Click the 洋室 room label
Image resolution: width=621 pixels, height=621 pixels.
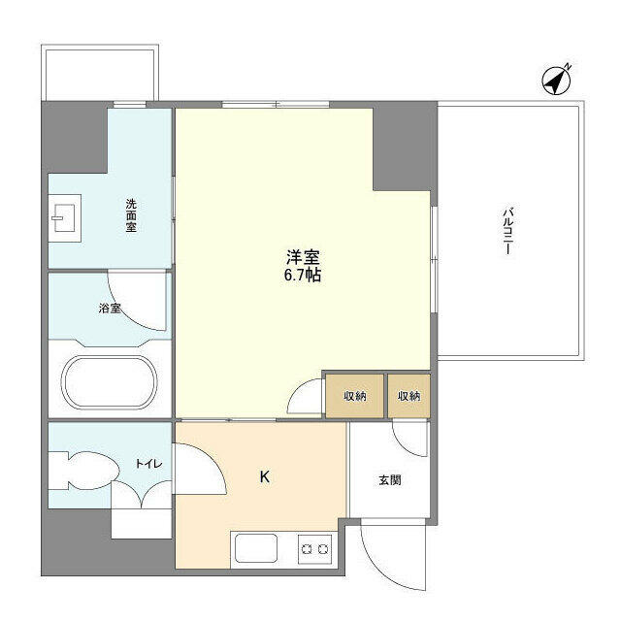(x=303, y=257)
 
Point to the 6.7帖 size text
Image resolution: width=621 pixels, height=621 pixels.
(x=303, y=276)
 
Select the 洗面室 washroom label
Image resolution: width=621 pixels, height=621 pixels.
(x=130, y=215)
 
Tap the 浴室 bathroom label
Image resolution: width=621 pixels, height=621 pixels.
(x=110, y=310)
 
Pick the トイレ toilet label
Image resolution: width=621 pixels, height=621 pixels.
(x=147, y=465)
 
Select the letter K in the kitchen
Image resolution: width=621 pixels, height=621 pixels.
(x=264, y=477)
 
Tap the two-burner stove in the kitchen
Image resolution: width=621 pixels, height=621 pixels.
(x=314, y=548)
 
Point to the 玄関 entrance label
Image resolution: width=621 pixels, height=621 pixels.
(x=389, y=480)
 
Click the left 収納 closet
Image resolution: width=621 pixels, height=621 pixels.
(x=353, y=396)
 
